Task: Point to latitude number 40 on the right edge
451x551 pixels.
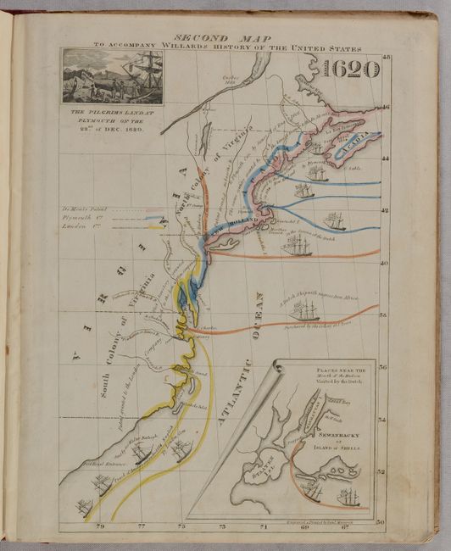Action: (382, 263)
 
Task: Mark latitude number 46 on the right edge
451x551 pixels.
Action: (382, 108)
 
